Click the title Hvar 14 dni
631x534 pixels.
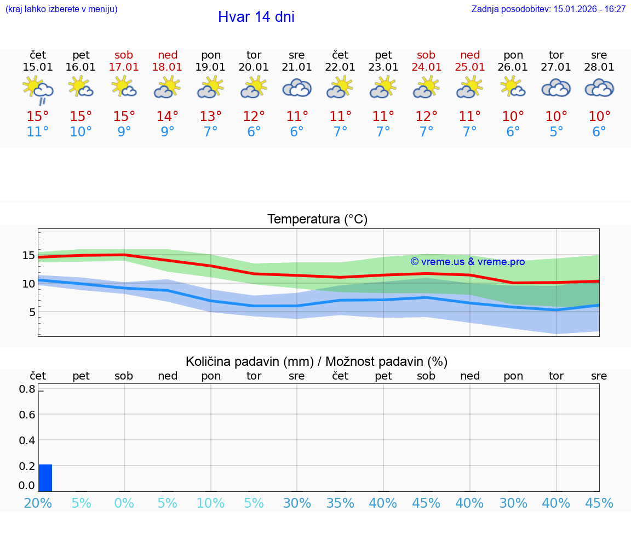click(x=256, y=17)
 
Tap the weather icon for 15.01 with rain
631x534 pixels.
click(x=38, y=90)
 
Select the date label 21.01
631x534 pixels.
click(x=297, y=67)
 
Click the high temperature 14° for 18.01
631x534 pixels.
click(x=167, y=117)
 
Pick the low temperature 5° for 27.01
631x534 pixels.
click(x=556, y=132)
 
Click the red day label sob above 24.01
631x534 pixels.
click(x=426, y=55)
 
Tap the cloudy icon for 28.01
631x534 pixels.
click(x=599, y=88)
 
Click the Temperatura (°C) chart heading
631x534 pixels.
click(x=317, y=220)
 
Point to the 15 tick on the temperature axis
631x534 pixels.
click(x=28, y=255)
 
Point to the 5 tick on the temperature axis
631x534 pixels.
click(x=32, y=312)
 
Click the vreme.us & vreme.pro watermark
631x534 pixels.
click(x=467, y=262)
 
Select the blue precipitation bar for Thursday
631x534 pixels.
click(x=45, y=478)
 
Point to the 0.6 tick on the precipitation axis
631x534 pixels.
click(x=28, y=415)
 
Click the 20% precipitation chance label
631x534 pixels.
click(x=38, y=503)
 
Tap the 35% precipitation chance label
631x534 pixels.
click(x=340, y=503)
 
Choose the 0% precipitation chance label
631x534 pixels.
click(x=124, y=503)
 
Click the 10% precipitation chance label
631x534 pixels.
click(x=211, y=503)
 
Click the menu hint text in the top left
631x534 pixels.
click(x=61, y=9)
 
